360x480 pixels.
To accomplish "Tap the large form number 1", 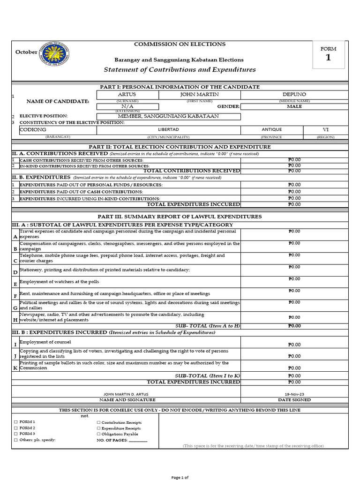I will point(328,58).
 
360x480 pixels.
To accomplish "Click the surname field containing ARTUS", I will point(127,95).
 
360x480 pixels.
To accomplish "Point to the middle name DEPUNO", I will point(294,95).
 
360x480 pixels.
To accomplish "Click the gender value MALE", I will point(294,106).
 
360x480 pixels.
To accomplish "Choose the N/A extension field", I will point(127,106).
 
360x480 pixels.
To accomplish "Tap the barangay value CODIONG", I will point(33,130).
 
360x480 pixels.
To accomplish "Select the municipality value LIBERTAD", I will point(169,130).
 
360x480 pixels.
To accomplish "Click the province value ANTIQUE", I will point(272,130).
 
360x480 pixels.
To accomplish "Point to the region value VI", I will point(326,130).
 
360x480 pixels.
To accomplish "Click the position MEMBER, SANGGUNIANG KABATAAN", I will point(168,116).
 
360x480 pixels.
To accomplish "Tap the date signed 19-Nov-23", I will point(294,394).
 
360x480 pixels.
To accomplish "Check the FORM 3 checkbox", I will point(15,434).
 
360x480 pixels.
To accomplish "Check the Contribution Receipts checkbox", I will point(99,423).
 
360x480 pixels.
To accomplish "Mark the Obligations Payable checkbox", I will point(99,434).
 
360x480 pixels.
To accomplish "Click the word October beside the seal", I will point(26,52).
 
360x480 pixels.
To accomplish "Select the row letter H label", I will point(15,320).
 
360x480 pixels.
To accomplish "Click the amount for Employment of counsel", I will point(294,345).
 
